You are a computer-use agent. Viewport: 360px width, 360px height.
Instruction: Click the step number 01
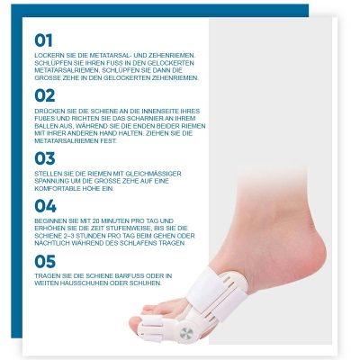(44, 40)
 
